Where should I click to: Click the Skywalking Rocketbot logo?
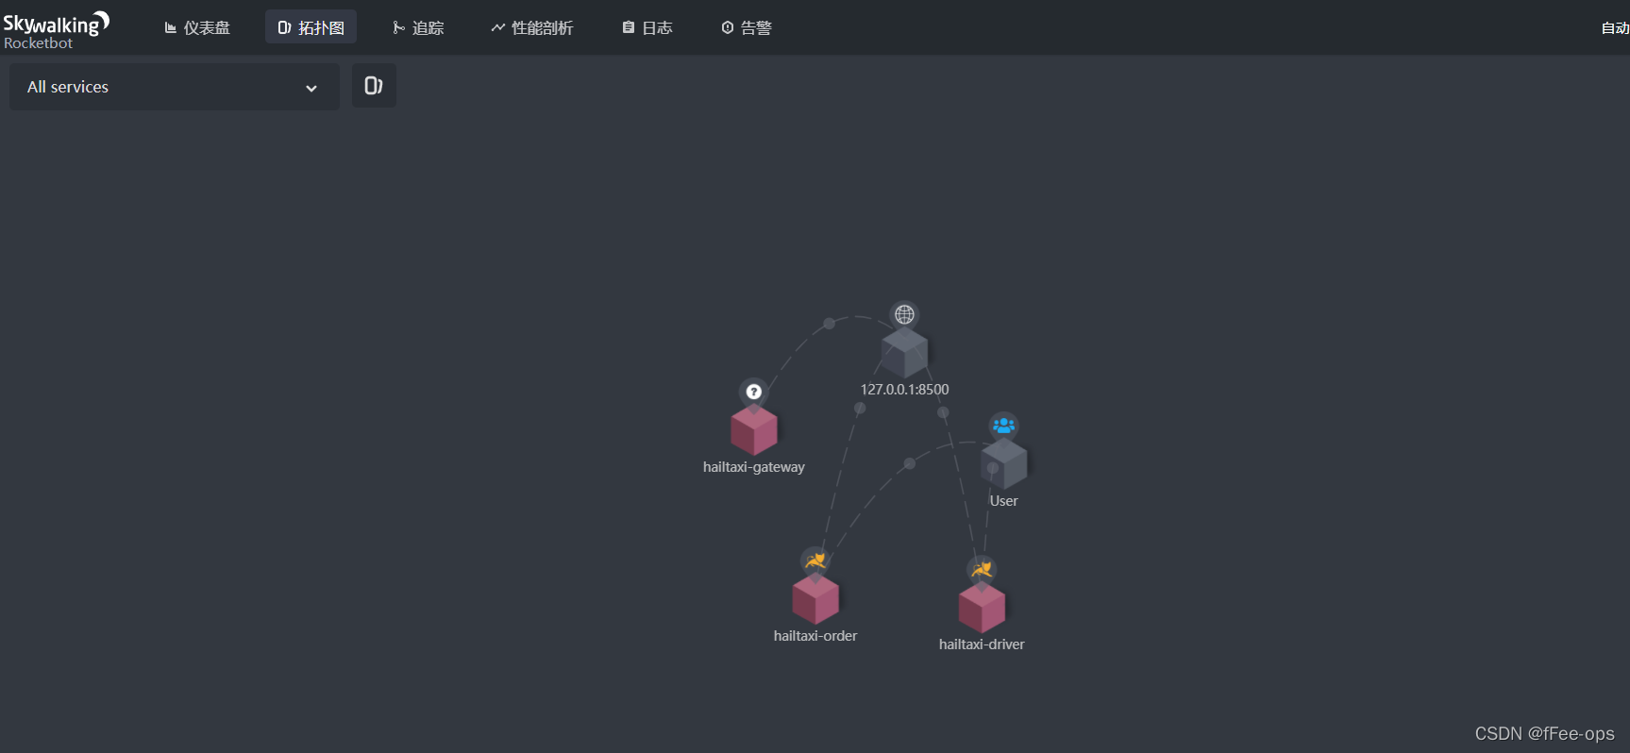coord(56,29)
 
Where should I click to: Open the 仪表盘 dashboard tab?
coord(197,28)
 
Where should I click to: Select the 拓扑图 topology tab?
coord(311,28)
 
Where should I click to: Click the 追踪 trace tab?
coord(418,28)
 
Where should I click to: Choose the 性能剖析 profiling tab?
coord(531,28)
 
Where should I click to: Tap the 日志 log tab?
coord(647,28)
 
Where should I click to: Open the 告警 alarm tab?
coord(747,28)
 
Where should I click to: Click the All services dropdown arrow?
coord(311,88)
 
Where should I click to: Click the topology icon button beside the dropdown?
coord(374,86)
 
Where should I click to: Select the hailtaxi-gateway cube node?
coord(754,430)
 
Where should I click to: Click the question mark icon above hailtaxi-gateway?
coord(754,392)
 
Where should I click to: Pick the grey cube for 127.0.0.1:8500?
coord(904,353)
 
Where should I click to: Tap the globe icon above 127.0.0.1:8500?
coord(904,314)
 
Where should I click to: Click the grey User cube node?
coord(1004,463)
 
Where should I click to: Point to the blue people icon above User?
coord(1004,426)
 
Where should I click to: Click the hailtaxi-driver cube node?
coord(982,608)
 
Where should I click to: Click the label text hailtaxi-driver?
coord(982,644)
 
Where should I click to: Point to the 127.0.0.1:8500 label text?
coord(904,390)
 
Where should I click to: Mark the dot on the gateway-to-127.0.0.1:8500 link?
coord(829,324)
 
